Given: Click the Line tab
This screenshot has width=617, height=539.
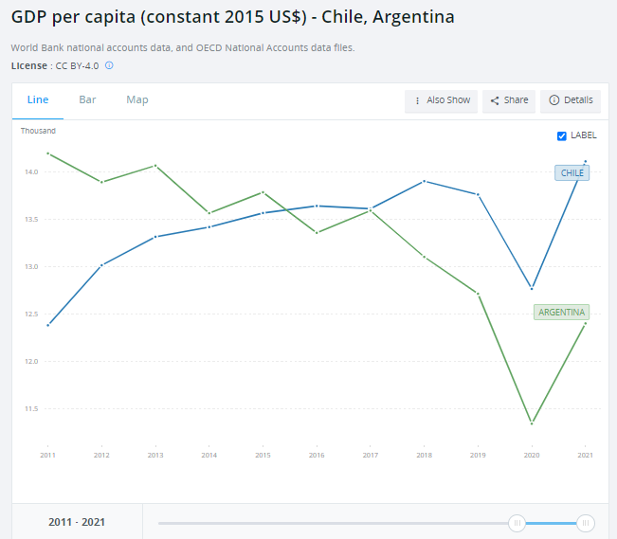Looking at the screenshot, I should pyautogui.click(x=38, y=99).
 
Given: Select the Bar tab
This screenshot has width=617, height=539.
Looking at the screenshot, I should pyautogui.click(x=87, y=99).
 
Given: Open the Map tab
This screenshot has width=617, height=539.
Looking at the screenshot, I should pyautogui.click(x=137, y=99).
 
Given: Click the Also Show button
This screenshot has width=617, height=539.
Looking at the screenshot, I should pyautogui.click(x=442, y=100).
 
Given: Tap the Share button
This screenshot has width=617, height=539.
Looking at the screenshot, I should pyautogui.click(x=509, y=100).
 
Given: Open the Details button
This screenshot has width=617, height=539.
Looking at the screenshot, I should pyautogui.click(x=571, y=100).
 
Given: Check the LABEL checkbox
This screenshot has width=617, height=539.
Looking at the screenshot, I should pyautogui.click(x=562, y=135).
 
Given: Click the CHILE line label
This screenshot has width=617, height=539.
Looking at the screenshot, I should pyautogui.click(x=572, y=173).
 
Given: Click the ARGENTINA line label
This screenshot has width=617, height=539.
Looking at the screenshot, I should pyautogui.click(x=562, y=312).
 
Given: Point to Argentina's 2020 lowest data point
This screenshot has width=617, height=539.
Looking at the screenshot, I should pyautogui.click(x=532, y=423).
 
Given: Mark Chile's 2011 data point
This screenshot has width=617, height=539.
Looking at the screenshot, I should pyautogui.click(x=47, y=325).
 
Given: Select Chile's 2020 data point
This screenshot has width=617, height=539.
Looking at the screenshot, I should pyautogui.click(x=532, y=288).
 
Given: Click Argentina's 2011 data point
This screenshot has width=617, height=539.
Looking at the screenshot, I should pyautogui.click(x=47, y=153).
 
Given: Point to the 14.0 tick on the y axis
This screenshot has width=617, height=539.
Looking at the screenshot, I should pyautogui.click(x=31, y=172).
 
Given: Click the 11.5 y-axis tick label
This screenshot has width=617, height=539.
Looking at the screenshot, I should pyautogui.click(x=31, y=409).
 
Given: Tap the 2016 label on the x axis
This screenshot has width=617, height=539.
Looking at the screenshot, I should pyautogui.click(x=317, y=456).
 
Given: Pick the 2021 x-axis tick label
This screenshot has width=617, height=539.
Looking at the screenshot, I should pyautogui.click(x=585, y=456).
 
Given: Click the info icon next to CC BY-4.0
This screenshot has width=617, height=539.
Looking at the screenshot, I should pyautogui.click(x=109, y=65).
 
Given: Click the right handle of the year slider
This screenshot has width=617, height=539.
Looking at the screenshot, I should pyautogui.click(x=586, y=523).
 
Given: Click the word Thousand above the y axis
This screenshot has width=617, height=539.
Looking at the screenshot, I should pyautogui.click(x=38, y=131).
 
